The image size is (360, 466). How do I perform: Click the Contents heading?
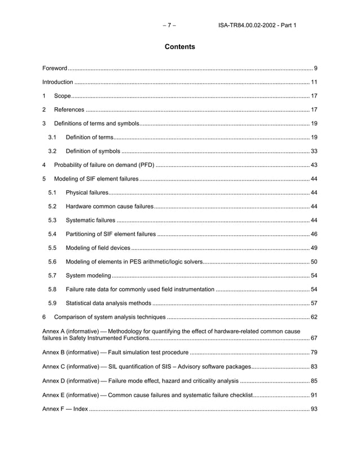click(x=179, y=47)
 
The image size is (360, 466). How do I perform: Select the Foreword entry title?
click(x=55, y=68)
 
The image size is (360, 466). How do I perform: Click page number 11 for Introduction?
click(x=314, y=82)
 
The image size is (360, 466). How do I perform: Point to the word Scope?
click(x=62, y=96)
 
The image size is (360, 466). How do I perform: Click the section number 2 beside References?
click(x=45, y=109)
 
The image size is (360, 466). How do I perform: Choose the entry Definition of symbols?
click(x=93, y=151)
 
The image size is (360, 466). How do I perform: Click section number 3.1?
click(x=52, y=137)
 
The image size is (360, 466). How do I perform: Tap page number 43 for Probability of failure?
click(x=314, y=165)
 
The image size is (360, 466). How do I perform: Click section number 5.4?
click(x=52, y=234)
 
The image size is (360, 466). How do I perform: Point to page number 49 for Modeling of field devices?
click(x=314, y=248)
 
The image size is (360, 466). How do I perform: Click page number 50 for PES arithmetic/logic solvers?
click(x=314, y=261)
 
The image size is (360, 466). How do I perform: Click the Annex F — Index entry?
click(x=65, y=408)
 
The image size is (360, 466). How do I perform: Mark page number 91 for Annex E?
click(x=314, y=395)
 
